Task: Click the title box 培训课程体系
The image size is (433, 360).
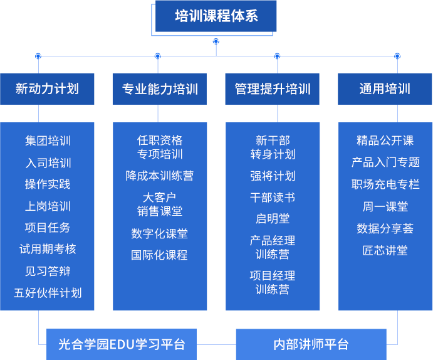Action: pyautogui.click(x=216, y=16)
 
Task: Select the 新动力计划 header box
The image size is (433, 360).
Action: pyautogui.click(x=47, y=88)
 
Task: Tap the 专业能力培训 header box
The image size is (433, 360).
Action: pyautogui.click(x=160, y=88)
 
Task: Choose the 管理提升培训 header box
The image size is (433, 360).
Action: pyautogui.click(x=273, y=88)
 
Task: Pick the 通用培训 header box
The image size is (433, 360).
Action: pyautogui.click(x=385, y=88)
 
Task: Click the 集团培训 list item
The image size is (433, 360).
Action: pyautogui.click(x=48, y=140)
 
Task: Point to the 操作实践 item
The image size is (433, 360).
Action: pyautogui.click(x=48, y=184)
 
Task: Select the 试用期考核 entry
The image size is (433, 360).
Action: pyautogui.click(x=48, y=249)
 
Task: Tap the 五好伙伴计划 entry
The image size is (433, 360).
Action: pyautogui.click(x=48, y=293)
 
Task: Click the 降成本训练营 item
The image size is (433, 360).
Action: pyautogui.click(x=160, y=176)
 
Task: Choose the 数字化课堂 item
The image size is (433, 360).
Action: pyautogui.click(x=160, y=233)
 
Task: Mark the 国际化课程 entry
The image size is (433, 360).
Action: pyautogui.click(x=160, y=255)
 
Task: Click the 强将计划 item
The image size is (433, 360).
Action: pyautogui.click(x=273, y=176)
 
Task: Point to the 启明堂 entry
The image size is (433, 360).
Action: pyautogui.click(x=273, y=219)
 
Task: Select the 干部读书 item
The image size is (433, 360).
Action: pyautogui.click(x=273, y=198)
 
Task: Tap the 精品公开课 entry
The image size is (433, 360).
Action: pyautogui.click(x=385, y=140)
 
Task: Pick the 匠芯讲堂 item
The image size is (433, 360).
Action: pyautogui.click(x=385, y=250)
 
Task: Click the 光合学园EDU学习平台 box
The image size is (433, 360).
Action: pyautogui.click(x=122, y=344)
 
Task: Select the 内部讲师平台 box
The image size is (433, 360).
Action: pyautogui.click(x=311, y=344)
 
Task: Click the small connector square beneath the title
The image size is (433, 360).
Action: pyautogui.click(x=216, y=41)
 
